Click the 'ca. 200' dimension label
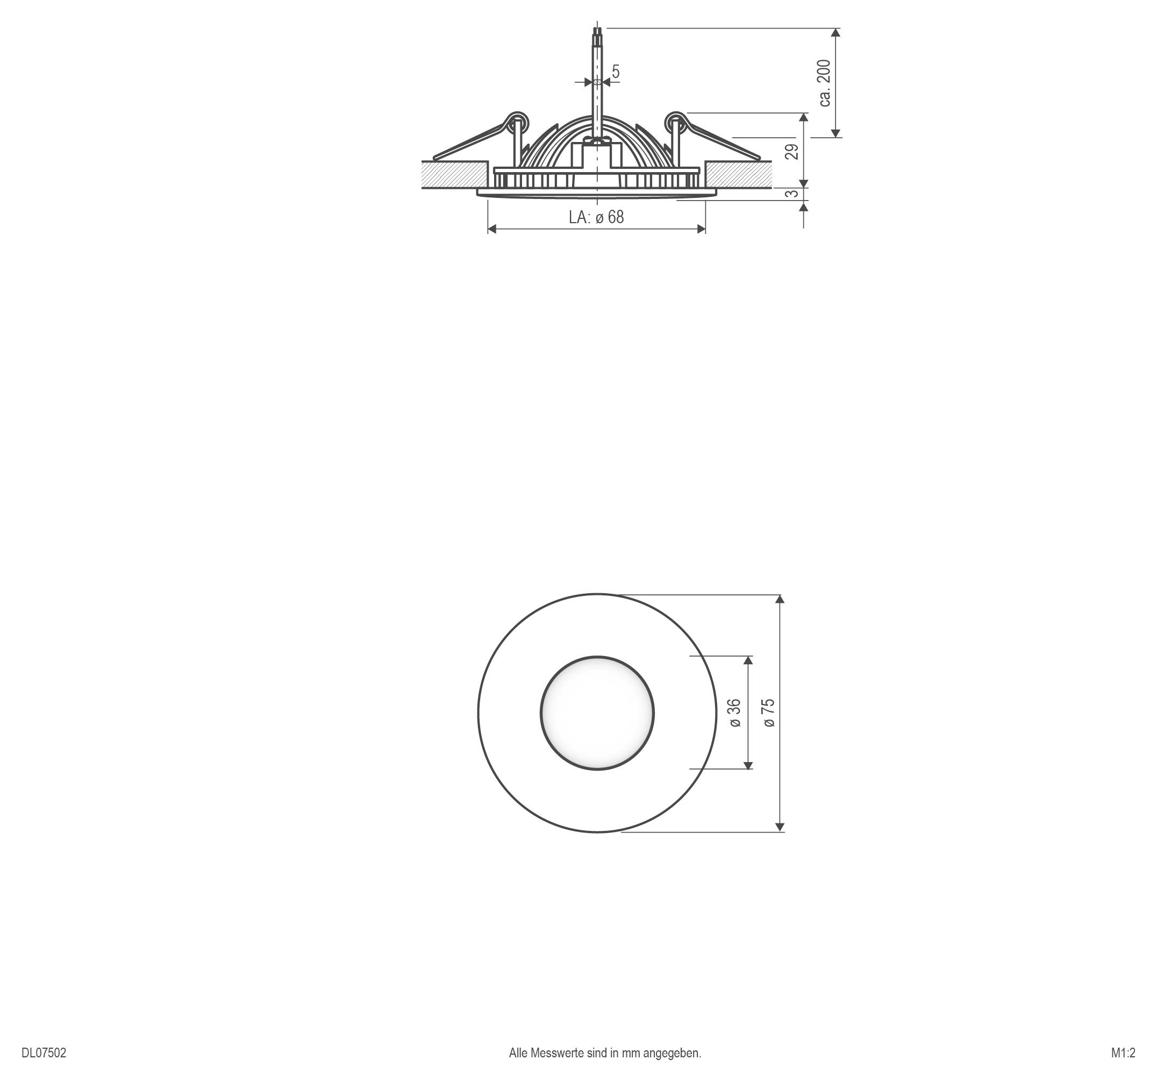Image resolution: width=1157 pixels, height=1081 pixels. pyautogui.click(x=825, y=83)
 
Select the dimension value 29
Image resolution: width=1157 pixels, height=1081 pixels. pyautogui.click(x=792, y=151)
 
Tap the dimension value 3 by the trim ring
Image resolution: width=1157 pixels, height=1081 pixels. pyautogui.click(x=792, y=193)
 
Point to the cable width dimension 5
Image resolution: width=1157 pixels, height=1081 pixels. pyautogui.click(x=616, y=72)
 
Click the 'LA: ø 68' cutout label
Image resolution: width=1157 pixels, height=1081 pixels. pyautogui.click(x=596, y=217)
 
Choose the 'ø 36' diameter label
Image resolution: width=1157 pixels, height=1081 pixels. pyautogui.click(x=735, y=713)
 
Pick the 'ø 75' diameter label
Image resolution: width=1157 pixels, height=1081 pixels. pyautogui.click(x=769, y=713)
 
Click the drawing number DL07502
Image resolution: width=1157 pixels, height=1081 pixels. pyautogui.click(x=44, y=1053)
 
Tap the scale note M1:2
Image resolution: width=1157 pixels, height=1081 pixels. pyautogui.click(x=1123, y=1053)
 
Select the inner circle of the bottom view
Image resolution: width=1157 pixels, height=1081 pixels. pyautogui.click(x=597, y=713)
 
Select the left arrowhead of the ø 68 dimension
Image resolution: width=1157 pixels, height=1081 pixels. pyautogui.click(x=492, y=229)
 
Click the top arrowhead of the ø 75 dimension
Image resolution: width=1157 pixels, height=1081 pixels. pyautogui.click(x=781, y=599)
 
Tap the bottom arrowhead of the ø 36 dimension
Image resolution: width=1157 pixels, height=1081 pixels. pyautogui.click(x=748, y=765)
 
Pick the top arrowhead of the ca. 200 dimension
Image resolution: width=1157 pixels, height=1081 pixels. pyautogui.click(x=835, y=33)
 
